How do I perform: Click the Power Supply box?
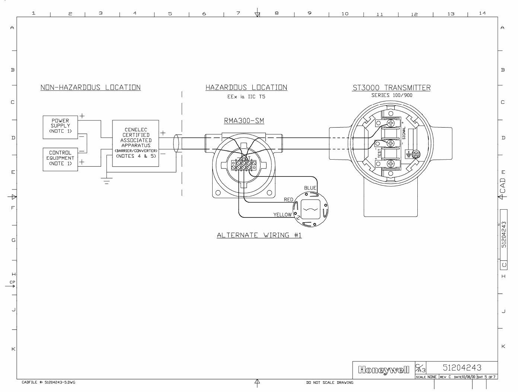point(60,127)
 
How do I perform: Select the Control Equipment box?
point(60,159)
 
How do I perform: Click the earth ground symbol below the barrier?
point(106,181)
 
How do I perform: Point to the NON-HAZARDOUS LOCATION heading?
point(90,88)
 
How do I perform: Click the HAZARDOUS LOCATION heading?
point(246,88)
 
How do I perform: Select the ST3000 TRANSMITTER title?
point(391,88)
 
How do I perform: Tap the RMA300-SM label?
point(244,121)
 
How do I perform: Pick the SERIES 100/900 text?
point(392,95)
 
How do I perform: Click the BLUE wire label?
point(310,188)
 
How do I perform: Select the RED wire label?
point(289,200)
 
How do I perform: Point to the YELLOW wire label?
point(283,215)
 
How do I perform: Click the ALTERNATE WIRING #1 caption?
point(259,235)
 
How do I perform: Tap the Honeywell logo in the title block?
point(383,370)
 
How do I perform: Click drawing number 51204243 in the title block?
point(462,368)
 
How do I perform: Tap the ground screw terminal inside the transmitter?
point(417,154)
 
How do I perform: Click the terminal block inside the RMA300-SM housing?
point(244,165)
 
